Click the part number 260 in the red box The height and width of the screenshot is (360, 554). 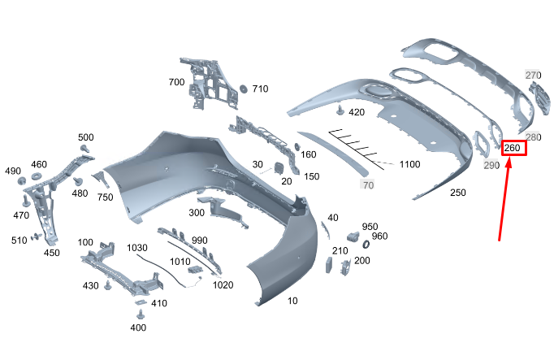(x=513, y=148)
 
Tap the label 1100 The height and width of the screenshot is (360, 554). (x=409, y=165)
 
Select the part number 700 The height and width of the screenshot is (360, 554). (x=176, y=83)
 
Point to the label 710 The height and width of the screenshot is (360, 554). (x=260, y=89)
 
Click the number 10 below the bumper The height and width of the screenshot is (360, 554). (x=292, y=301)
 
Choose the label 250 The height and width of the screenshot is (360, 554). (x=458, y=193)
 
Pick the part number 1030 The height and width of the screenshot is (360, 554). (x=136, y=247)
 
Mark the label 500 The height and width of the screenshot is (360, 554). (x=86, y=137)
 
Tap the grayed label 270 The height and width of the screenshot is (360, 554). (x=533, y=76)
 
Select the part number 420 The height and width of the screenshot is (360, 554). (x=357, y=111)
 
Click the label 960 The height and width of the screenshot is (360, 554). (x=379, y=236)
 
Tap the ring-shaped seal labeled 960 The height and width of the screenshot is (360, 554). (x=365, y=242)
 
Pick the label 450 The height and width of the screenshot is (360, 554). (x=52, y=253)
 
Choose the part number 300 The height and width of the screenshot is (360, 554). (x=197, y=212)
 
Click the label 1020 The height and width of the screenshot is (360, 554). (x=223, y=284)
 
